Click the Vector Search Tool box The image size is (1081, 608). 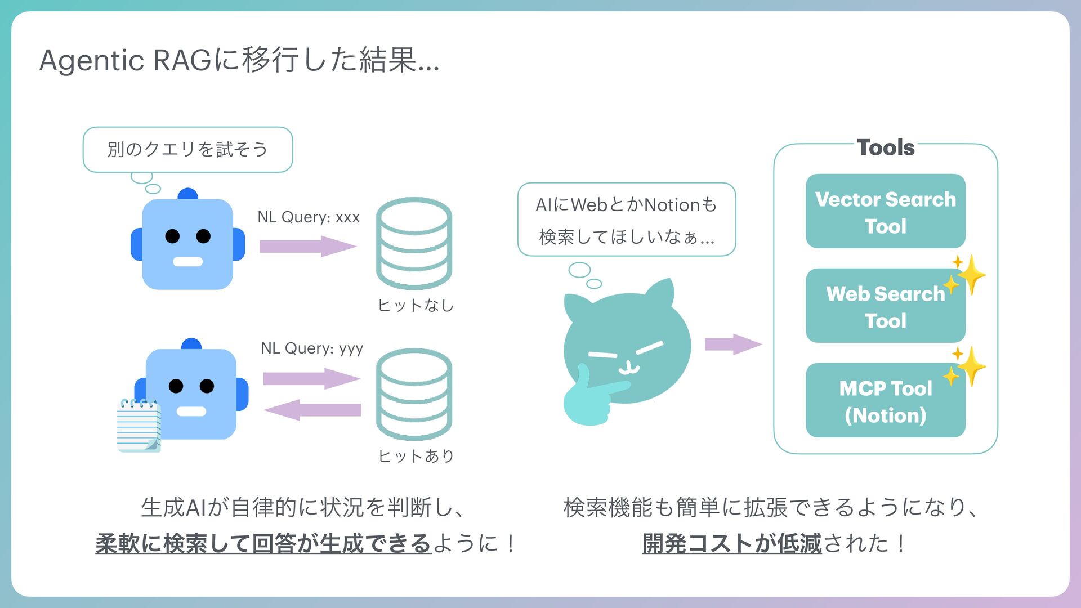[x=885, y=211]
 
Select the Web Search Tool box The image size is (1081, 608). [x=885, y=306]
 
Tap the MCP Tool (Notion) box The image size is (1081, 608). [x=885, y=401]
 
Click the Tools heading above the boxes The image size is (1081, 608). [x=886, y=147]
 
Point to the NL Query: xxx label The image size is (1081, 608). [x=309, y=217]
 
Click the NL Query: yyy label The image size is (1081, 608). [x=312, y=348]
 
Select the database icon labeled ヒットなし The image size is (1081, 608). [x=414, y=243]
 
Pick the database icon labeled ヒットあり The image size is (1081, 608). [x=414, y=394]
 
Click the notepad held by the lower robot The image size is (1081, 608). [x=139, y=425]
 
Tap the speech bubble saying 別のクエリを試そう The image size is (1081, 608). [x=187, y=149]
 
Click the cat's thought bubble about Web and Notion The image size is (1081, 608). [x=626, y=220]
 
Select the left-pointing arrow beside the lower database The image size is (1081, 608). [x=312, y=409]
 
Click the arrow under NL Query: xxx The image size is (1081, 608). [x=307, y=247]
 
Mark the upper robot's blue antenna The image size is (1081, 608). [x=187, y=194]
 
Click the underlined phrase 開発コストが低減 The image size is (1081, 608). [x=731, y=544]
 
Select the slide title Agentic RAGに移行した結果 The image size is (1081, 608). [x=239, y=60]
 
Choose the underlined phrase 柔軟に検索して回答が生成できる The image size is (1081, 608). [x=263, y=544]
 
